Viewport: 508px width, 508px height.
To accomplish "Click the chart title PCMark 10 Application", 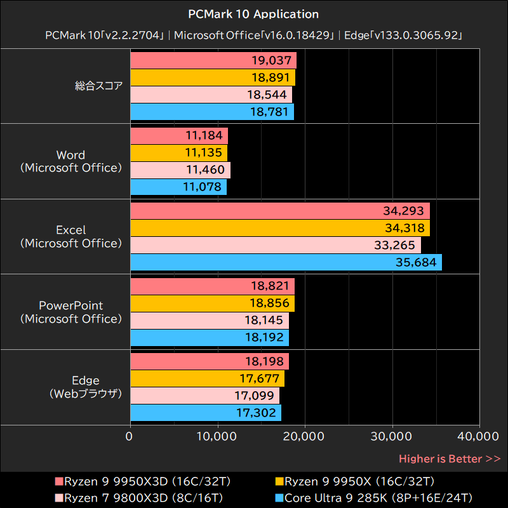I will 254,13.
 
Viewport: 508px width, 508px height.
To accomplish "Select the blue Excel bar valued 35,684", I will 286,262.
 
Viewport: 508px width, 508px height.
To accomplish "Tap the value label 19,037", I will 272,61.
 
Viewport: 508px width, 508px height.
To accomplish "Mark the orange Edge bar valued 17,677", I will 207,379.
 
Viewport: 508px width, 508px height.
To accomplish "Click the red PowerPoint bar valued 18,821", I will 212,286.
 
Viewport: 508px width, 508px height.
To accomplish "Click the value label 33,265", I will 396,245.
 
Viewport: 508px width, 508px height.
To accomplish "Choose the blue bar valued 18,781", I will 212,112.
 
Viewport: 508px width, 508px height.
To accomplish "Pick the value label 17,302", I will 257,413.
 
